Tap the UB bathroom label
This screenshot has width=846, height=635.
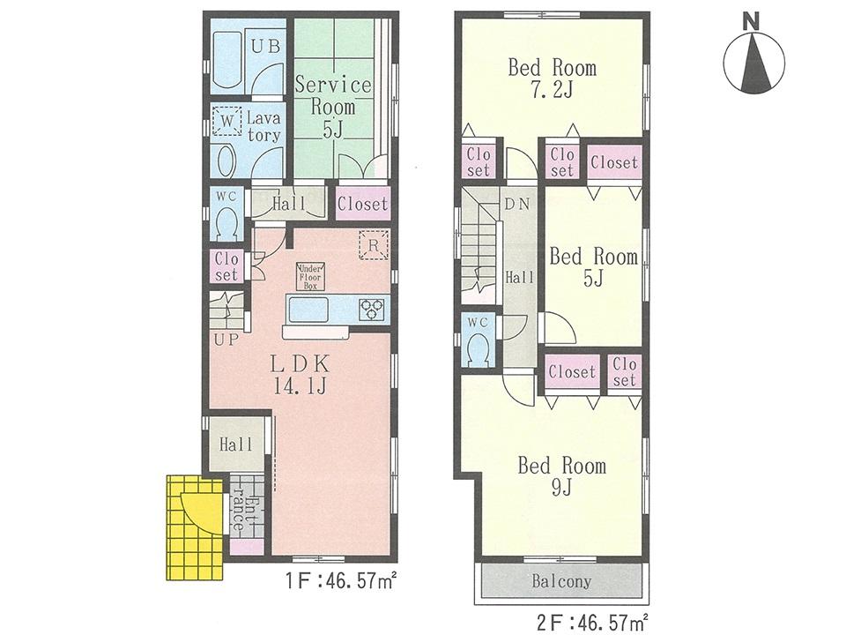point(264,48)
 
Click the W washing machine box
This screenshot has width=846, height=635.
point(227,120)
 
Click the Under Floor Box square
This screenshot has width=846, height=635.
point(311,276)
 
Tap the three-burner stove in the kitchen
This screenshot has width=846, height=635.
point(371,308)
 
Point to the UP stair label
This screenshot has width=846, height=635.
point(225,340)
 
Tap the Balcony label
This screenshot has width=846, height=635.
point(560,582)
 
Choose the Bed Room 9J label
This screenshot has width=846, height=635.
point(561,475)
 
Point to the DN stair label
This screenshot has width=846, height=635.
point(516,203)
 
